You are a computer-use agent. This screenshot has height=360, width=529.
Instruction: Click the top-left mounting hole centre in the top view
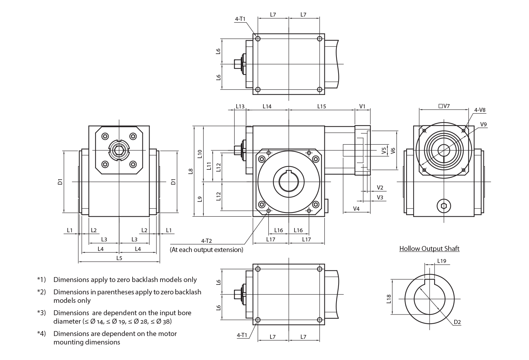point(258,38)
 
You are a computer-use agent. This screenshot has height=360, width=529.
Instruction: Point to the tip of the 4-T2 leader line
point(268,211)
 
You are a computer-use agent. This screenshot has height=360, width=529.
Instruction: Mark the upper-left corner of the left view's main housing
point(89,126)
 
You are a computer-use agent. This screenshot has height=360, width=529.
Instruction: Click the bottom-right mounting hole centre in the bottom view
point(320,320)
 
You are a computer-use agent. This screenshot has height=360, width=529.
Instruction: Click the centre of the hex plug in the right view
point(444,206)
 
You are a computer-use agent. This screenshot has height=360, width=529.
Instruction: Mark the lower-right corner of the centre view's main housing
point(324,216)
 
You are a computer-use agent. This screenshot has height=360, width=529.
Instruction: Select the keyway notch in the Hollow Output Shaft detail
point(429,282)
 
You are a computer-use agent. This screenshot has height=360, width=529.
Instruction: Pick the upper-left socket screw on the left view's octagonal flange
point(105,136)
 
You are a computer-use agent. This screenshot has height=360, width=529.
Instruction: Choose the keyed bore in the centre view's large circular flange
point(288,182)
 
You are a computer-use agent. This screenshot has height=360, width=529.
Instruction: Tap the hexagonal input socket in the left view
point(119,150)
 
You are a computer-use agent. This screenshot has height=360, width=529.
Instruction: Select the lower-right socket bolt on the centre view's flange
point(316,204)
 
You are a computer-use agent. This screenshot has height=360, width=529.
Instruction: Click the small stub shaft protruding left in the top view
point(237,64)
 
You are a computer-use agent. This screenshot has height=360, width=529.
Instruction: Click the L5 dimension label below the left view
point(119,258)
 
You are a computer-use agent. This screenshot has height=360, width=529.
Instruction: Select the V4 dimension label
point(356,209)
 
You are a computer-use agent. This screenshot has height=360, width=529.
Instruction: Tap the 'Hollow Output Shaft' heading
point(429,248)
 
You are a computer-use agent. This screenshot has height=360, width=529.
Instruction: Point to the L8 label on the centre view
point(191,172)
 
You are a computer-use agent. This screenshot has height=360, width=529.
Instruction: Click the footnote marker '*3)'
point(41,313)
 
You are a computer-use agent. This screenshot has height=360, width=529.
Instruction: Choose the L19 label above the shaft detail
point(442,261)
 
